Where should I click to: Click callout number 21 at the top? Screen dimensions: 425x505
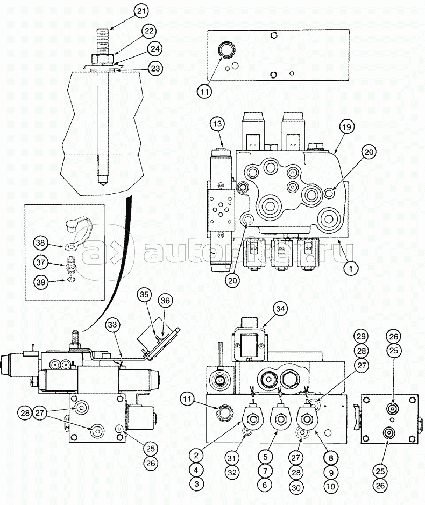click(141, 12)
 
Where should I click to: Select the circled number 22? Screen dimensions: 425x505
click(148, 32)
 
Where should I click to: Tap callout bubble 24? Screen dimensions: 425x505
click(155, 49)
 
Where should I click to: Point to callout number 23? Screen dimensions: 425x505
click(155, 68)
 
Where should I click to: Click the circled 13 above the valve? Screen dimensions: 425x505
click(218, 124)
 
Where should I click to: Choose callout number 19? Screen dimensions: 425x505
click(346, 126)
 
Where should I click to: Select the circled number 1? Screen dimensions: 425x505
click(351, 268)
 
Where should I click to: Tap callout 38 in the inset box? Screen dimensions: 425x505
click(40, 243)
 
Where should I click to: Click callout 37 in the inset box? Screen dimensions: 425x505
click(41, 262)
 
